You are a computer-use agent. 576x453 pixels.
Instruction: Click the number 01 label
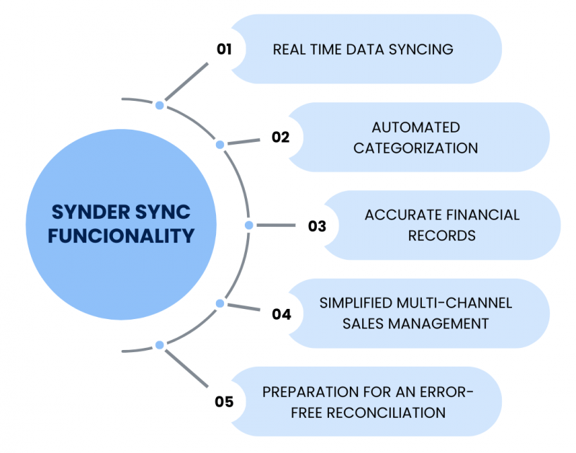point(224,49)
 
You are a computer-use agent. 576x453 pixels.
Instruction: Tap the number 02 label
point(280,137)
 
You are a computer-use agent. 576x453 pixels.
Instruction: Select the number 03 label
point(317,225)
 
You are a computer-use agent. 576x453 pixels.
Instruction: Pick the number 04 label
point(281,314)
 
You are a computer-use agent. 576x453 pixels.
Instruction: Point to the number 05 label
point(224,402)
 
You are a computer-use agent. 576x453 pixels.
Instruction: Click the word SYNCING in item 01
point(422,50)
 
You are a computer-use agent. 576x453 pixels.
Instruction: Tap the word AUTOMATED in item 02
point(415,127)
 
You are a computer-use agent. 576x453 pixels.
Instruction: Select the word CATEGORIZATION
point(415,148)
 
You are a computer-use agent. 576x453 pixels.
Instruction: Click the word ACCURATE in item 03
point(398,215)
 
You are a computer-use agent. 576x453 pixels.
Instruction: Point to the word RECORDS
point(441,236)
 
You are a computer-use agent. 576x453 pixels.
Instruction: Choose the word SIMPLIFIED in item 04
point(355,303)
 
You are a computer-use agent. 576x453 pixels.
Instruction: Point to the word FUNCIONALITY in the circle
point(121,235)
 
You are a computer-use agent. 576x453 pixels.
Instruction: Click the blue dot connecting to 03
point(249,225)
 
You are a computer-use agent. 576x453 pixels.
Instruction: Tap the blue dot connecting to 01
point(160,105)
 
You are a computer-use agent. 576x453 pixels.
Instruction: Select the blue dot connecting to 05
point(160,346)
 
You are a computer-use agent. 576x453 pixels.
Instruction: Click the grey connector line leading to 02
point(243,141)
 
